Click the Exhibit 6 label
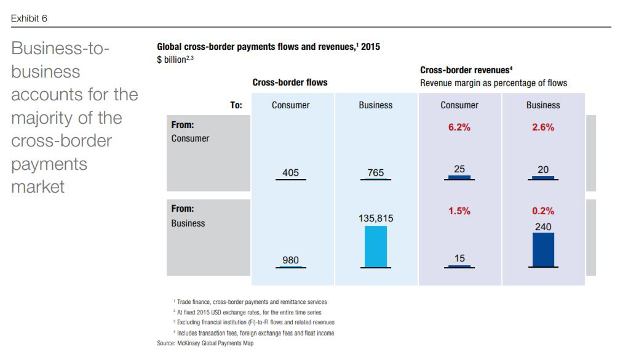tap(29, 18)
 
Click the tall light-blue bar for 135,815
tap(375, 246)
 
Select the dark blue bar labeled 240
tap(543, 249)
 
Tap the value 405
tap(290, 173)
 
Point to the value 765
tap(375, 173)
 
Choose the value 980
tap(290, 260)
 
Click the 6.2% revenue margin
tap(459, 127)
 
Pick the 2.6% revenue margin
tap(543, 127)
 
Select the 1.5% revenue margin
tap(459, 210)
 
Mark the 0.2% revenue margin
tap(543, 210)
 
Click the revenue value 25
tap(459, 169)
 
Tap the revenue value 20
tap(543, 170)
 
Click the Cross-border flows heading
tap(290, 82)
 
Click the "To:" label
tap(236, 105)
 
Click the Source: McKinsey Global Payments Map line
tap(205, 343)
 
